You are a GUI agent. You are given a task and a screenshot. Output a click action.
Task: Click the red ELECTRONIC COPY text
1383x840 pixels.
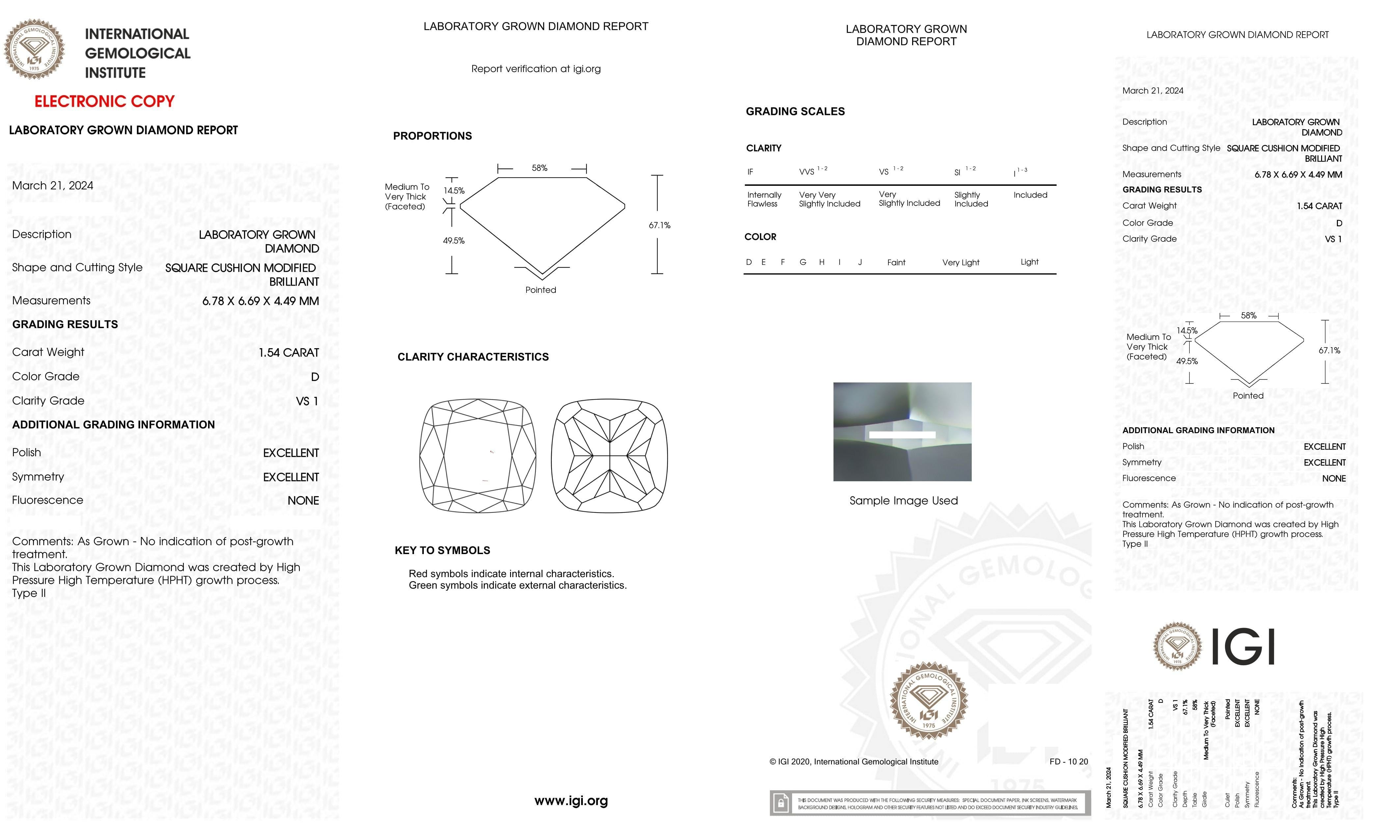pyautogui.click(x=104, y=102)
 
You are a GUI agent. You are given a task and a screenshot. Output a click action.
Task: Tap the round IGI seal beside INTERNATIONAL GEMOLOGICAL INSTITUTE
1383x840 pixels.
pyautogui.click(x=34, y=49)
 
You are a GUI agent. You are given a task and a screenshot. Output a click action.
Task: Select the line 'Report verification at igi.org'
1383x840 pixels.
pyautogui.click(x=535, y=69)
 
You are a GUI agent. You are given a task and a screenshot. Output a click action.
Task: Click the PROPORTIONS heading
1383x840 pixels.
pyautogui.click(x=432, y=136)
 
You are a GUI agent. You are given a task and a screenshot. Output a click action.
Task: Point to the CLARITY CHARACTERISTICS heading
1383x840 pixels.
pyautogui.click(x=473, y=357)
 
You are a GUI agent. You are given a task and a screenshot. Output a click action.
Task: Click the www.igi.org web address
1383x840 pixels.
pyautogui.click(x=571, y=801)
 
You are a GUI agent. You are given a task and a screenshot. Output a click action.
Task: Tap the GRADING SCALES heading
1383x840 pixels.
pyautogui.click(x=795, y=112)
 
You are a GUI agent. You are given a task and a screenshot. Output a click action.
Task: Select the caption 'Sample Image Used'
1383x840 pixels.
pyautogui.click(x=903, y=501)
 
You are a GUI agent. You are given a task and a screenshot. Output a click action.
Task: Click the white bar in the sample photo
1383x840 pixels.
pyautogui.click(x=902, y=434)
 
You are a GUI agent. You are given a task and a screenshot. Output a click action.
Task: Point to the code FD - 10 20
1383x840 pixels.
pyautogui.click(x=1068, y=762)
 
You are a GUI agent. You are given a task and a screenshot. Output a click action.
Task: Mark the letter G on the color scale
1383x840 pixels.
pyautogui.click(x=803, y=262)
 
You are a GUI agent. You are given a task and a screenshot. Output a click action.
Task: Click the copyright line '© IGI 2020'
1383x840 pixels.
pyautogui.click(x=853, y=762)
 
